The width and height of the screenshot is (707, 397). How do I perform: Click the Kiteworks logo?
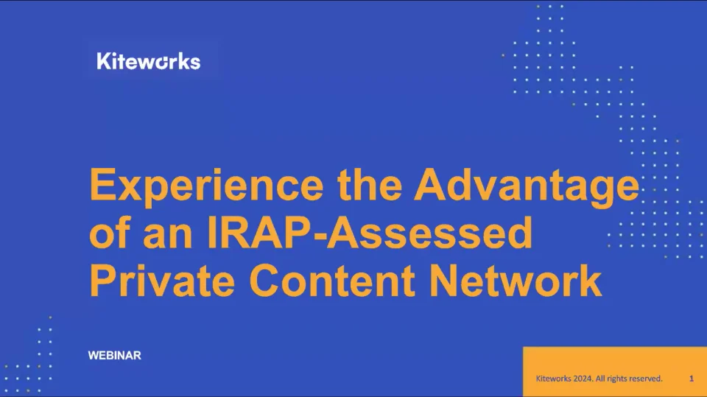(x=148, y=61)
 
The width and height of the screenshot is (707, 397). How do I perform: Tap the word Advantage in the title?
(x=526, y=186)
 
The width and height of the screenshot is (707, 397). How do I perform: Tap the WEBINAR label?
(x=114, y=356)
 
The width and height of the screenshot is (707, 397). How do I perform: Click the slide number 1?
(x=692, y=379)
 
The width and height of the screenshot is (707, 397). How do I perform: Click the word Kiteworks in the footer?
(x=552, y=379)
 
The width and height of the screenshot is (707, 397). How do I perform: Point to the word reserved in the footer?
(x=644, y=379)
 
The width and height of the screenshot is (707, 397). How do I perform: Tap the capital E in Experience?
(x=102, y=186)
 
